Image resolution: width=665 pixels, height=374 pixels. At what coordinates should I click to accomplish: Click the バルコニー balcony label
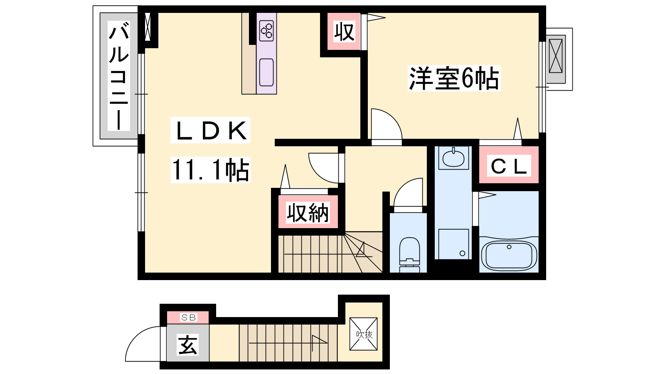click(x=119, y=76)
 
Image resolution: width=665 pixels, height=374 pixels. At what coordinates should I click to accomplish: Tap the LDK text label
click(x=210, y=130)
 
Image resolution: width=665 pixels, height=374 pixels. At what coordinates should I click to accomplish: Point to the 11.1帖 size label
click(x=210, y=170)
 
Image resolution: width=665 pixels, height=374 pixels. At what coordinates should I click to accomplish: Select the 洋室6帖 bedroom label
click(x=454, y=78)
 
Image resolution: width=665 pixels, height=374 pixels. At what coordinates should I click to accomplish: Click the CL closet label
click(x=509, y=166)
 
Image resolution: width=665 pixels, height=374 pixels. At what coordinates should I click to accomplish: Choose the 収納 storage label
click(x=308, y=212)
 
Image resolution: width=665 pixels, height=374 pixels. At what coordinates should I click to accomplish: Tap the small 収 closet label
click(x=345, y=32)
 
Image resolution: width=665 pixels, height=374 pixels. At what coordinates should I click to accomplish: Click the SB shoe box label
click(x=189, y=317)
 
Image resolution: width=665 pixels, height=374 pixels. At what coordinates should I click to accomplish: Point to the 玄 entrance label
click(x=187, y=344)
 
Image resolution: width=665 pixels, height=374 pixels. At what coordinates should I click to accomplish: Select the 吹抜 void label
click(x=364, y=335)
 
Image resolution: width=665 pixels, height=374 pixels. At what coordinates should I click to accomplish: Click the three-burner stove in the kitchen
click(x=266, y=31)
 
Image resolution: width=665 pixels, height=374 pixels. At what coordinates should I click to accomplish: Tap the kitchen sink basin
click(x=266, y=72)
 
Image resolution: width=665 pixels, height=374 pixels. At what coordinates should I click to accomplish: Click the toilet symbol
click(x=410, y=255)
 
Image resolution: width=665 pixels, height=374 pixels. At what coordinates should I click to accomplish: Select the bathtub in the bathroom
click(x=509, y=255)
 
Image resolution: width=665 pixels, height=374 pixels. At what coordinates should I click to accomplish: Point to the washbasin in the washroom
click(x=453, y=158)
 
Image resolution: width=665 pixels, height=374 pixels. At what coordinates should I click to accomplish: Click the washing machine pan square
click(x=453, y=244)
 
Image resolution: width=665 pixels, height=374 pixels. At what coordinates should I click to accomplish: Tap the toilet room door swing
click(x=408, y=192)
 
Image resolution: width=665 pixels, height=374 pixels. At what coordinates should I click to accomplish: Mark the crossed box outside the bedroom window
click(x=555, y=56)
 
